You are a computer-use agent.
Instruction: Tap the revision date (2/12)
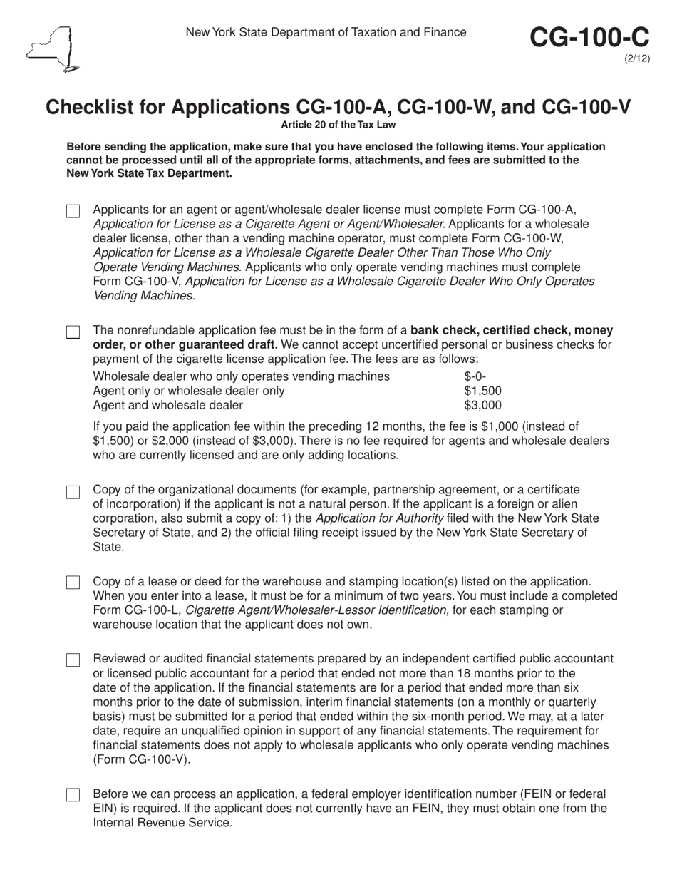pos(638,58)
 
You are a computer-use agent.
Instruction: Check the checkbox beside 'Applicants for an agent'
pos(73,212)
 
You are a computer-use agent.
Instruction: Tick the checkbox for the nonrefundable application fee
pos(73,333)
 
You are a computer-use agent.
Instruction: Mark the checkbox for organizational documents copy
pos(73,493)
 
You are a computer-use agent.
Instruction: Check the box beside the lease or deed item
pos(73,583)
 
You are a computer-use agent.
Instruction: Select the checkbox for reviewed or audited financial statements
pos(73,660)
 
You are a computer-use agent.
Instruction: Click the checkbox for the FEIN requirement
pos(73,795)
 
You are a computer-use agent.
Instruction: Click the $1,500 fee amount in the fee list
pos(482,391)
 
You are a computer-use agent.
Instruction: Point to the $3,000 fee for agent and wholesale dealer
pos(482,406)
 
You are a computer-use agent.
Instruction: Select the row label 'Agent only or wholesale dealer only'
pos(189,391)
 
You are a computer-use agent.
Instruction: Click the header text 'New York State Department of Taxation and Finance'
pos(326,32)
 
